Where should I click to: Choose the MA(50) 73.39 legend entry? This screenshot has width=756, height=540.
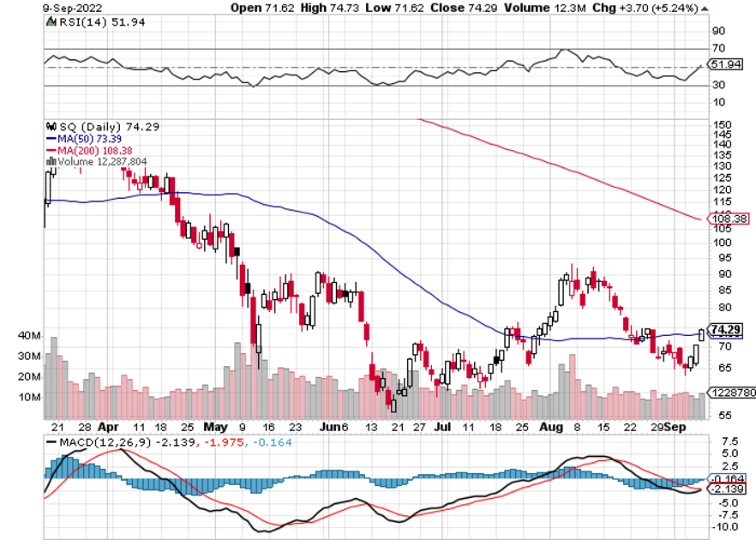click(x=77, y=137)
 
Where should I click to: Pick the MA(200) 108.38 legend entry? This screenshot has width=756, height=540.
click(x=82, y=149)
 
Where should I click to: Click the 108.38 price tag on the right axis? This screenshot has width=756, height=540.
click(x=731, y=219)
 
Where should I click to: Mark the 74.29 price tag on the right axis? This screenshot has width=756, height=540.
click(x=726, y=330)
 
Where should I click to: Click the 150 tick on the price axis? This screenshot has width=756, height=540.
click(x=722, y=124)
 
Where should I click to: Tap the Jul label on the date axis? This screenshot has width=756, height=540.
click(x=442, y=425)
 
